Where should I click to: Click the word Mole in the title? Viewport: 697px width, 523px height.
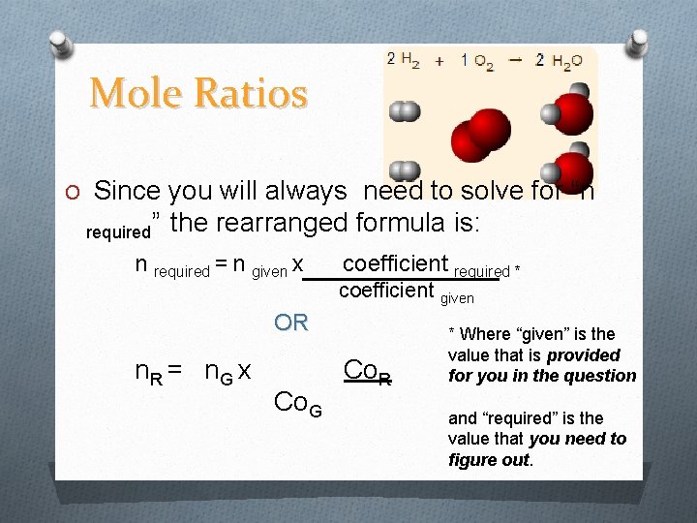[x=136, y=93]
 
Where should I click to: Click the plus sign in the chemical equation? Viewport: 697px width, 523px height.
[x=439, y=60]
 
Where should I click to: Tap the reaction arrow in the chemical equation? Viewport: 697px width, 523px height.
[x=516, y=59]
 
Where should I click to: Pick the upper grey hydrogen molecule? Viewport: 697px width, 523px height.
[x=405, y=111]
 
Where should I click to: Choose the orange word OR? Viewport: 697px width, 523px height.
[x=291, y=323]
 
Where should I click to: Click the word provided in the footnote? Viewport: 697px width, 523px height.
[x=582, y=355]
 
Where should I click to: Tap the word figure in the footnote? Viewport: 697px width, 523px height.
[x=472, y=460]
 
